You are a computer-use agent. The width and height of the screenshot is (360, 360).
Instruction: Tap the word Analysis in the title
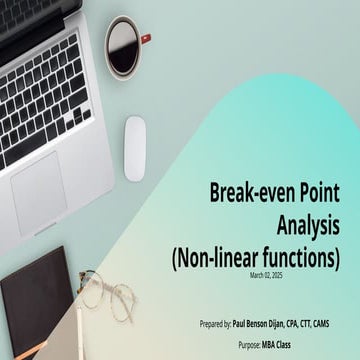click(309, 223)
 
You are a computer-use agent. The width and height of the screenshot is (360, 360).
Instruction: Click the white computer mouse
click(134, 149)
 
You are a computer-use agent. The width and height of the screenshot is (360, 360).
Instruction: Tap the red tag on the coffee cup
click(146, 38)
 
